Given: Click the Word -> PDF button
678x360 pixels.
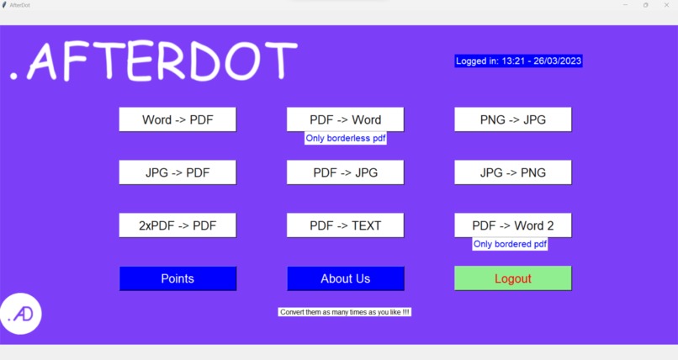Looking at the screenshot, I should pos(177,119).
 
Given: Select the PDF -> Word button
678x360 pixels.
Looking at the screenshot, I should pos(345,119).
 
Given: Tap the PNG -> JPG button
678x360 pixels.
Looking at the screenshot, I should pos(513,119).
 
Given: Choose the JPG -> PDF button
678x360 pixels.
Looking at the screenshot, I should pos(177,172).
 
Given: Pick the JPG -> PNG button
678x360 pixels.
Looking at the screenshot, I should pos(513,172).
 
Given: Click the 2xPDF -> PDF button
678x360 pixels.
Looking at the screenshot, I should pos(177,225).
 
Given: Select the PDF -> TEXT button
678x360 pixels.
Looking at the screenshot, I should pos(345,225).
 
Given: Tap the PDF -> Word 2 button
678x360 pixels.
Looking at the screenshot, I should pos(513,225).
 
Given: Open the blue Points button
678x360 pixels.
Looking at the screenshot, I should pos(177,278).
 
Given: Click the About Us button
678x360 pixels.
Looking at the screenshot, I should pos(345,278).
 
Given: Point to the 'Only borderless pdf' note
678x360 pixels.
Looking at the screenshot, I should pos(345,138).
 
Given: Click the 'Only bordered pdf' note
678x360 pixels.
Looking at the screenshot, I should pos(510,244).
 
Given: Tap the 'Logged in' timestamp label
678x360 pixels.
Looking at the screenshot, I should pos(519,61).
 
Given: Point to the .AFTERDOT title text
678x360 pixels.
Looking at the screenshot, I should pos(154,61).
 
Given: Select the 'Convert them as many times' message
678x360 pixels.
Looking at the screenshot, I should pos(345,312).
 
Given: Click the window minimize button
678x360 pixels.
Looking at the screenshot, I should pos(624,5).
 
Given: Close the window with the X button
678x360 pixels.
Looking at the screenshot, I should pos(667,5).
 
